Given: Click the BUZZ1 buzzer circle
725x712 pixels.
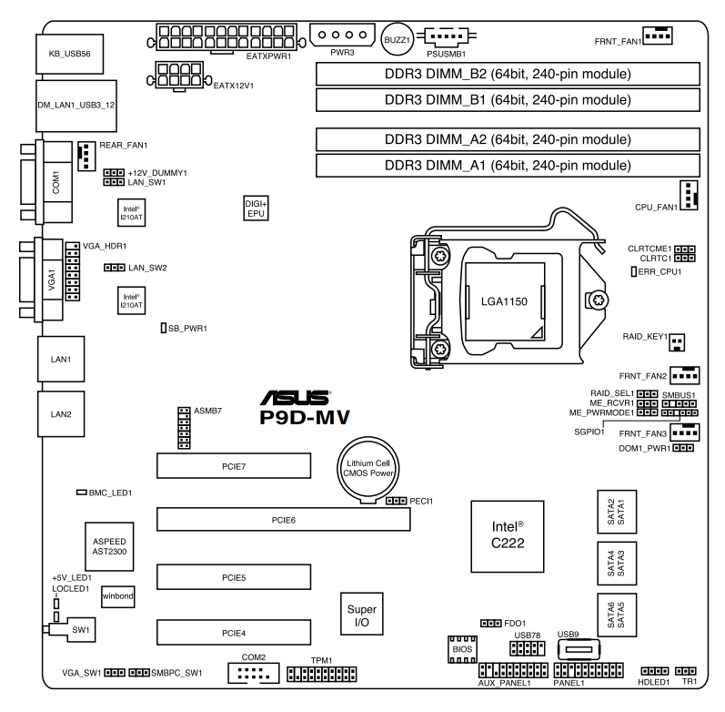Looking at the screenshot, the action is pos(397,40).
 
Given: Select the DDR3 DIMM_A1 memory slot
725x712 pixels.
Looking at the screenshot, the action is pos(508,166).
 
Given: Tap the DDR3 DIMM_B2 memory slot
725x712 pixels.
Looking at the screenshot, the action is pos(508,74).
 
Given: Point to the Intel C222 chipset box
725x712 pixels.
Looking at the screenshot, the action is pos(508,536).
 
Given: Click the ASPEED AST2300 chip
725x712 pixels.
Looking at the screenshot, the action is pos(109,546).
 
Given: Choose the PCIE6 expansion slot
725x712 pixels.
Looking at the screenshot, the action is pos(284,519).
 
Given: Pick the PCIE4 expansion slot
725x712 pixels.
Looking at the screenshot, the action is pos(234,633).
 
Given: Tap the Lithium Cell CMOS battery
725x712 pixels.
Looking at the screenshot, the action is pos(368,469).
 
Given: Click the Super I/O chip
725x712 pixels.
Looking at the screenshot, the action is pos(361,614).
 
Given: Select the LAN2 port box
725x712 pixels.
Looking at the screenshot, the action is pos(61,414).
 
